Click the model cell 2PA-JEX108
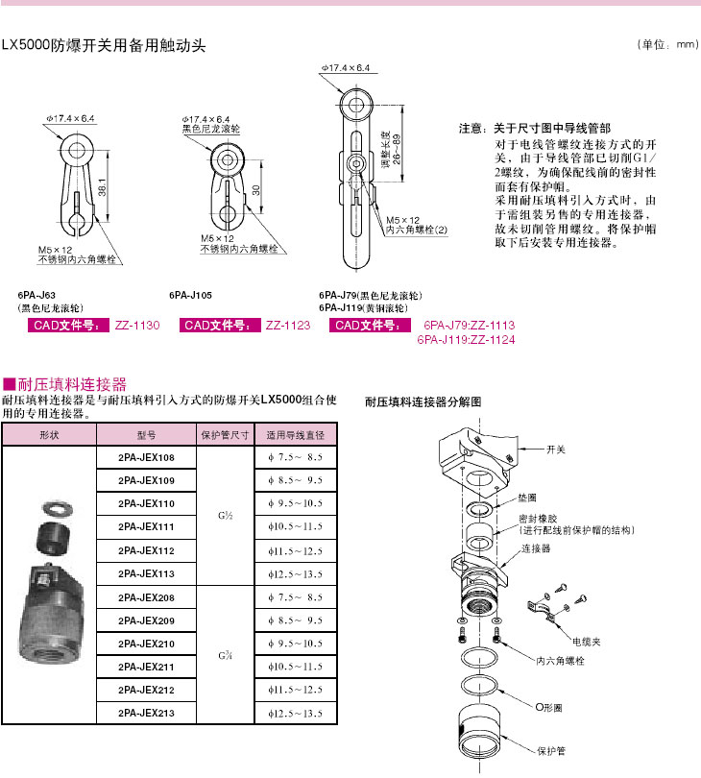146,458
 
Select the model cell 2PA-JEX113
146,573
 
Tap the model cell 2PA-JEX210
146,643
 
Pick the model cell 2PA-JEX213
146,713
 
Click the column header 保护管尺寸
225,434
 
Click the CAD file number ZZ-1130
136,327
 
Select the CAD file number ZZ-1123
287,327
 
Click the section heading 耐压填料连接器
72,384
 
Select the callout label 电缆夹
587,640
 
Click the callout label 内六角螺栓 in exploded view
560,662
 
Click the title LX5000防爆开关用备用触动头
105,45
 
